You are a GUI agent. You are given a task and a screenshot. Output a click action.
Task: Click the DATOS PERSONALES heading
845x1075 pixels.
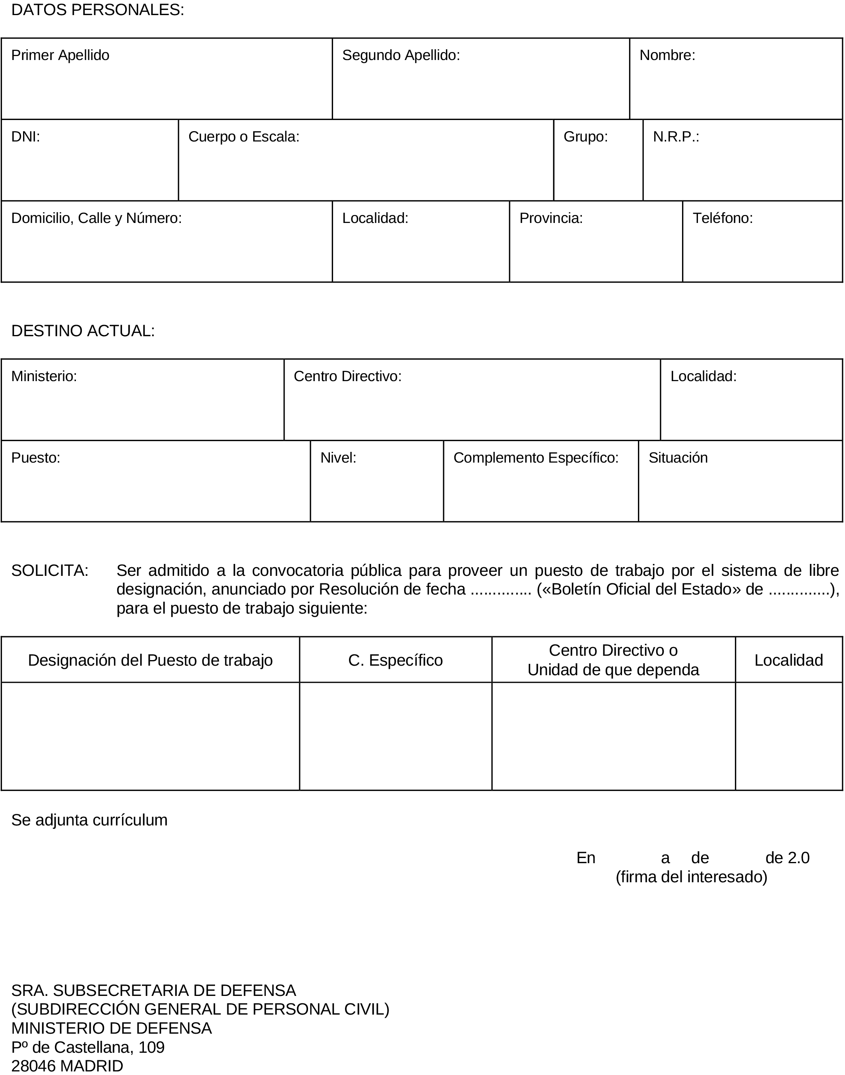click(97, 10)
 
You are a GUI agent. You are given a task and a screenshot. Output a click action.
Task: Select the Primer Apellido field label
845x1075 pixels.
click(60, 55)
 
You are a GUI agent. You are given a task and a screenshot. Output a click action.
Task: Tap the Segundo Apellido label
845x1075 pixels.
click(401, 55)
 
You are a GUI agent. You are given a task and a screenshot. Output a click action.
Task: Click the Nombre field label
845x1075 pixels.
click(667, 55)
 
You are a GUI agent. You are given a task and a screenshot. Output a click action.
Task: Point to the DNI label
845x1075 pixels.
click(25, 137)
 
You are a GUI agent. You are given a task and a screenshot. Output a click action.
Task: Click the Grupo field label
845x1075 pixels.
click(585, 137)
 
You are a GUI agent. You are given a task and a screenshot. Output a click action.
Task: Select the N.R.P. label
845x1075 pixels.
click(676, 137)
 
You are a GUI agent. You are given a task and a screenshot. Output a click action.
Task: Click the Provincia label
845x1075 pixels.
click(550, 218)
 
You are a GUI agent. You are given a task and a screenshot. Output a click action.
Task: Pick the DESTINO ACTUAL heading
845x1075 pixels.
click(83, 331)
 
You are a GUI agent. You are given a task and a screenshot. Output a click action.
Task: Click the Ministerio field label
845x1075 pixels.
click(44, 376)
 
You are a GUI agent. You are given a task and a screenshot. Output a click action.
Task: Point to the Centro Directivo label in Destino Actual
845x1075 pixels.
click(347, 376)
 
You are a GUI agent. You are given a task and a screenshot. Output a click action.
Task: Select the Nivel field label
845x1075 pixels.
click(338, 457)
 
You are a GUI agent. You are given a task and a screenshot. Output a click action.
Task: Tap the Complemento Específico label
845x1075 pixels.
click(536, 457)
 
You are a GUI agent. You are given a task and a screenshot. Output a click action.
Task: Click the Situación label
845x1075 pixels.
click(678, 457)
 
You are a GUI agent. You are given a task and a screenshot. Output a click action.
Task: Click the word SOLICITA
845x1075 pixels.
click(49, 570)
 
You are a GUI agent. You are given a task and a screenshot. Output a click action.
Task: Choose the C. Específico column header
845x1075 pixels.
click(395, 660)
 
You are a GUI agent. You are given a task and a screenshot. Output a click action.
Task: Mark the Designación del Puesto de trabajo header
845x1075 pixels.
click(150, 660)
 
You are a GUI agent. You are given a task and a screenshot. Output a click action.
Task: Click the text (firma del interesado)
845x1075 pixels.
click(691, 877)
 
